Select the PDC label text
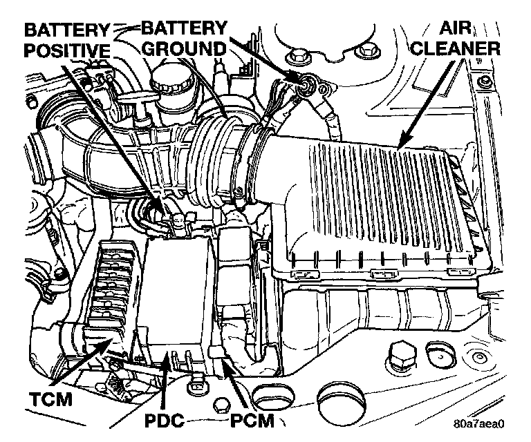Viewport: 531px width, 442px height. click(x=165, y=421)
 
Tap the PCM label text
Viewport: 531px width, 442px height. click(x=252, y=421)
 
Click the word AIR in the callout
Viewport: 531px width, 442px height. click(x=455, y=28)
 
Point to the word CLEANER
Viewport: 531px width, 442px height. click(x=455, y=49)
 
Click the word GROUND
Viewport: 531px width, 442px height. click(x=184, y=49)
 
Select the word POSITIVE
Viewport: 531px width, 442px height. click(x=68, y=51)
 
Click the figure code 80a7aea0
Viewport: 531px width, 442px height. click(x=479, y=423)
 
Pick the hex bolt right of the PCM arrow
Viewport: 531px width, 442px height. click(x=403, y=357)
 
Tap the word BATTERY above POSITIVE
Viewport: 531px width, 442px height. click(x=66, y=31)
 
